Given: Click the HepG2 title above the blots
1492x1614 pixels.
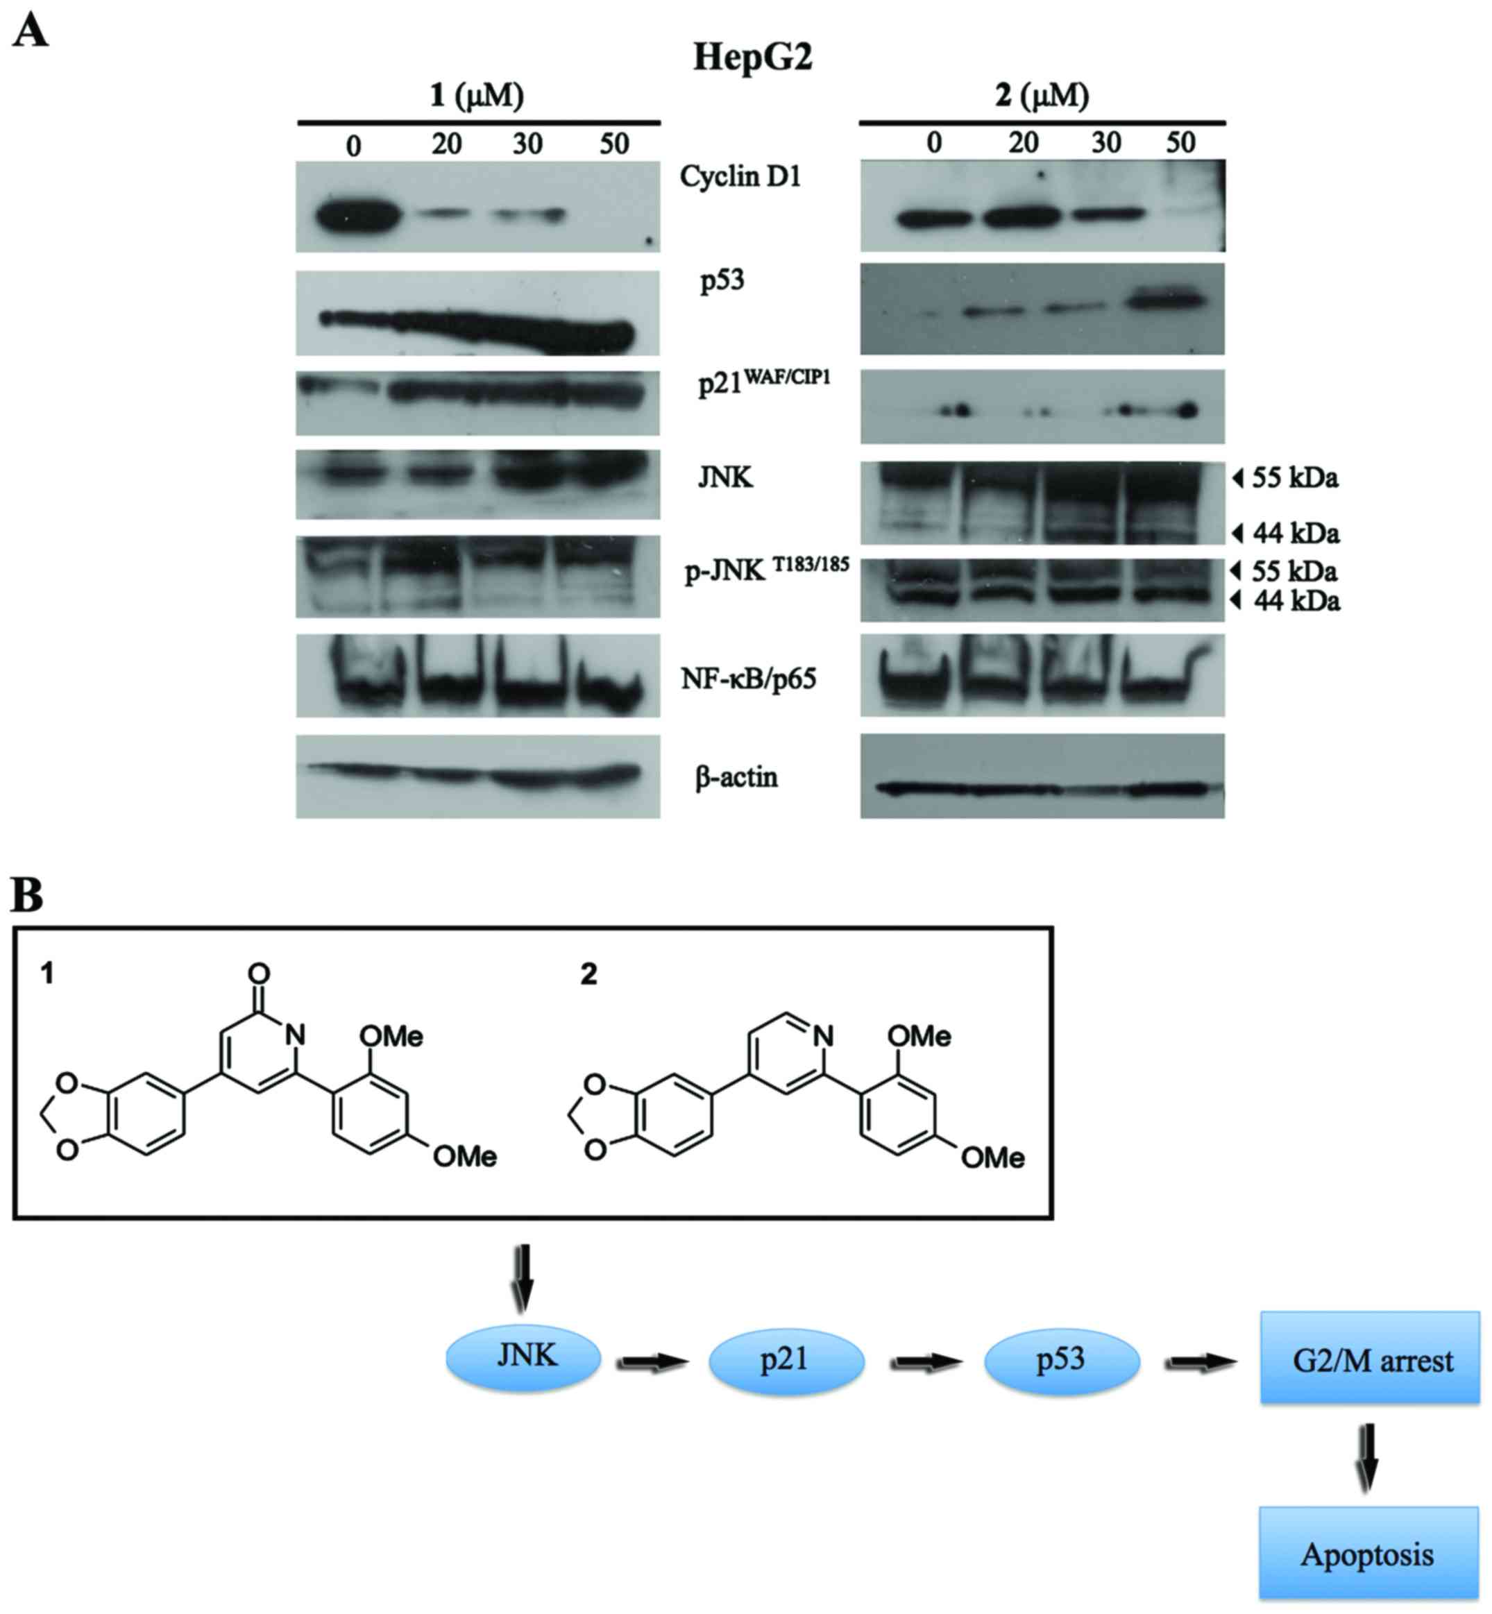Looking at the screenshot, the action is [x=752, y=58].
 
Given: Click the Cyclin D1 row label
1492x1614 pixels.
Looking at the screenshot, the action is [x=740, y=176].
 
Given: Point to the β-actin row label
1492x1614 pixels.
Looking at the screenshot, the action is [x=736, y=778].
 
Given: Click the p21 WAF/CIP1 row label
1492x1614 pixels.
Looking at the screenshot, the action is [x=763, y=383].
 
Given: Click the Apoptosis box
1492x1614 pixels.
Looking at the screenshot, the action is [x=1368, y=1554].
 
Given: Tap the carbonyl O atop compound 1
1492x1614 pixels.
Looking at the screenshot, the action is [x=259, y=973].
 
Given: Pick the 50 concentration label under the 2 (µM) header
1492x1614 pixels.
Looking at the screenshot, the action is [x=1180, y=143].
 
